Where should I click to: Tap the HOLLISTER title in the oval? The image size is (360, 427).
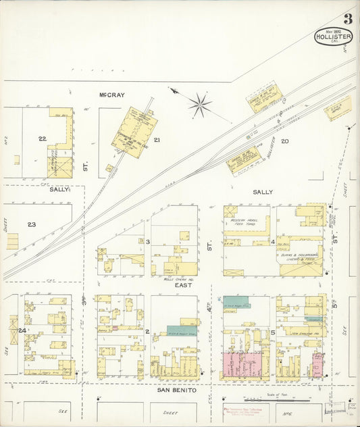point(333,38)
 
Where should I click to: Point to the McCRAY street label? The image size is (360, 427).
point(111,95)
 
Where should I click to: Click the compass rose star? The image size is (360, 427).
point(199,104)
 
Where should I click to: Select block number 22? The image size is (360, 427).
point(42,139)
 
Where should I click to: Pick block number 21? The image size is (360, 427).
point(157,140)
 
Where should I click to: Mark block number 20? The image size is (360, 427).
point(285,141)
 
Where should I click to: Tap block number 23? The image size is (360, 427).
point(31,224)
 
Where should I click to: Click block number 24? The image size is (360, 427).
point(22,330)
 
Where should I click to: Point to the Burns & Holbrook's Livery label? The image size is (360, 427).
point(299,257)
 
